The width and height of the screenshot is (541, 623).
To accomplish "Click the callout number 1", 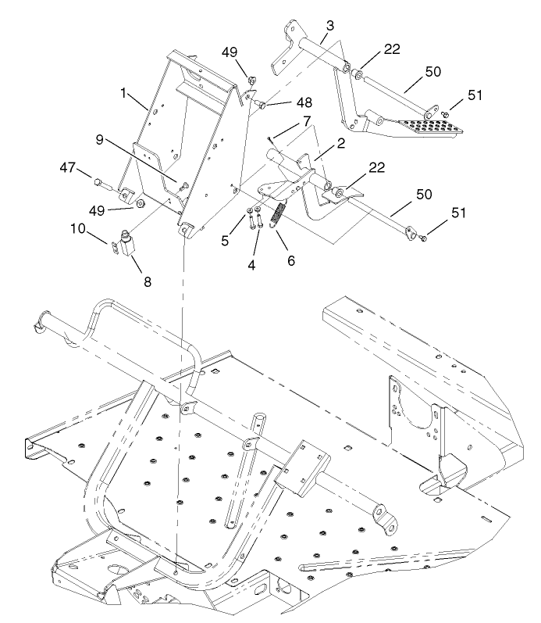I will pyautogui.click(x=123, y=92).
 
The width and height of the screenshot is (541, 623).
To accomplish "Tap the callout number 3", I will pyautogui.click(x=332, y=26).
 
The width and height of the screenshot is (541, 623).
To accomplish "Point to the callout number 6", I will pyautogui.click(x=290, y=260).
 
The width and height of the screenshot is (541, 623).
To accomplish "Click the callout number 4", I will pyautogui.click(x=251, y=265).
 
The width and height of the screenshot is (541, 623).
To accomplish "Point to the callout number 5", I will pyautogui.click(x=225, y=242).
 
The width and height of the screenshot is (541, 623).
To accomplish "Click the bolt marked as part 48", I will pyautogui.click(x=265, y=104).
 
